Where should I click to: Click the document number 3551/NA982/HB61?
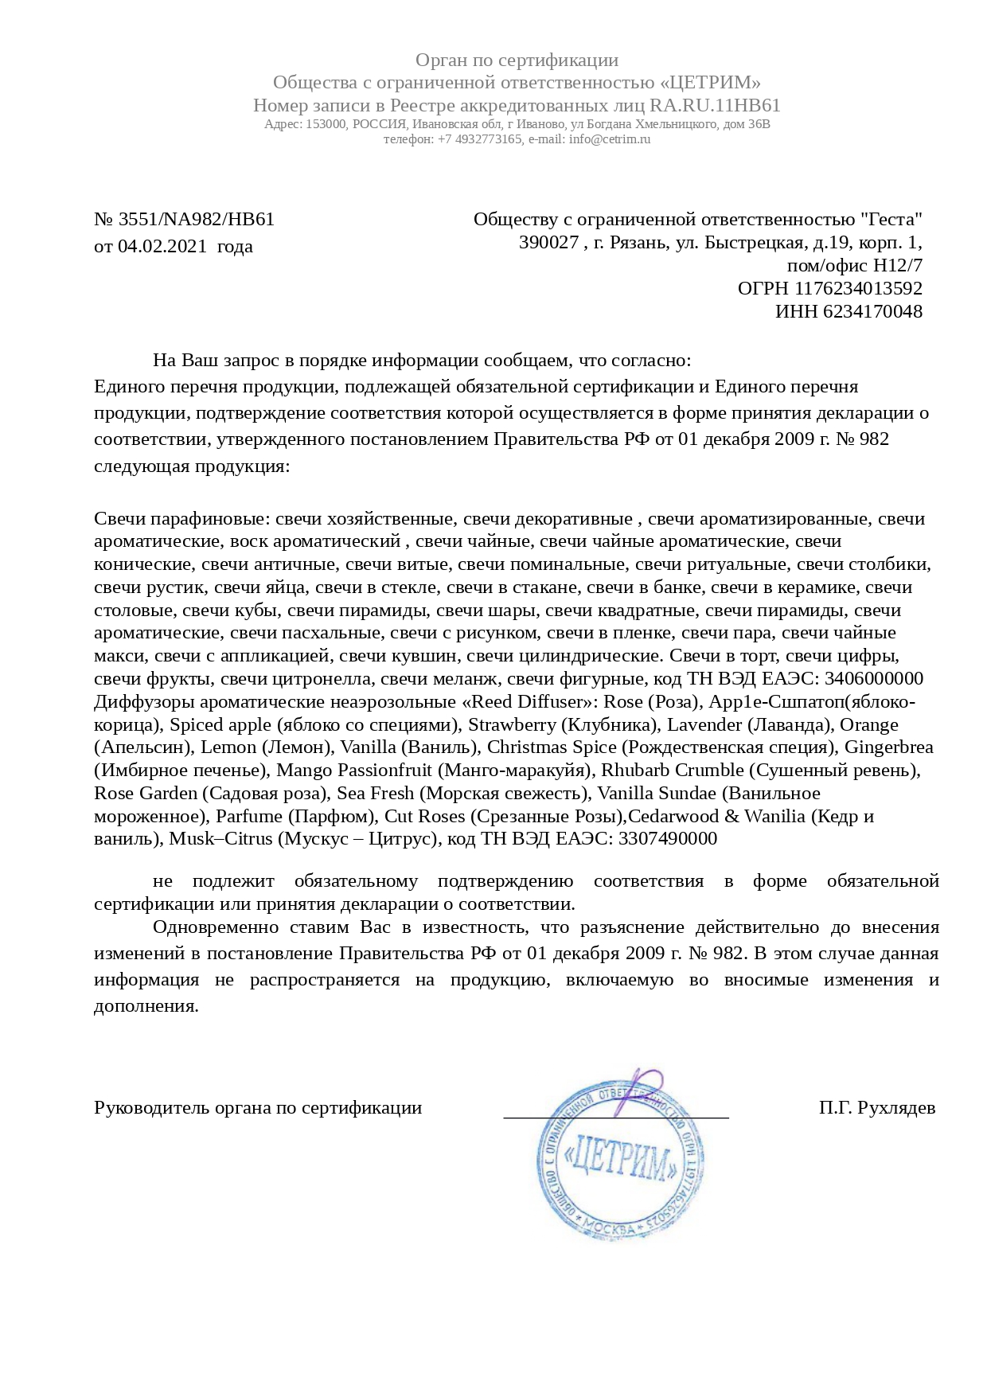click(x=197, y=220)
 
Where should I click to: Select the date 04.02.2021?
click(x=162, y=247)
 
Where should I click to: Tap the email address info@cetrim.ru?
click(x=610, y=139)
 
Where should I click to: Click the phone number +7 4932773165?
click(x=480, y=139)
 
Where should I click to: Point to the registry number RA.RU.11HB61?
click(x=715, y=106)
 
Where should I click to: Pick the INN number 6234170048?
click(x=872, y=311)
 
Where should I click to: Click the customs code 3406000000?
click(x=874, y=679)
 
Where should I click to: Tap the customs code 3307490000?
click(x=667, y=839)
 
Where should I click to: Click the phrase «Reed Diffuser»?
click(x=529, y=702)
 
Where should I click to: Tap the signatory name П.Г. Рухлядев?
click(x=877, y=1108)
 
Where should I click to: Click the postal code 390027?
click(x=548, y=243)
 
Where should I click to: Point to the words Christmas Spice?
click(x=552, y=747)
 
